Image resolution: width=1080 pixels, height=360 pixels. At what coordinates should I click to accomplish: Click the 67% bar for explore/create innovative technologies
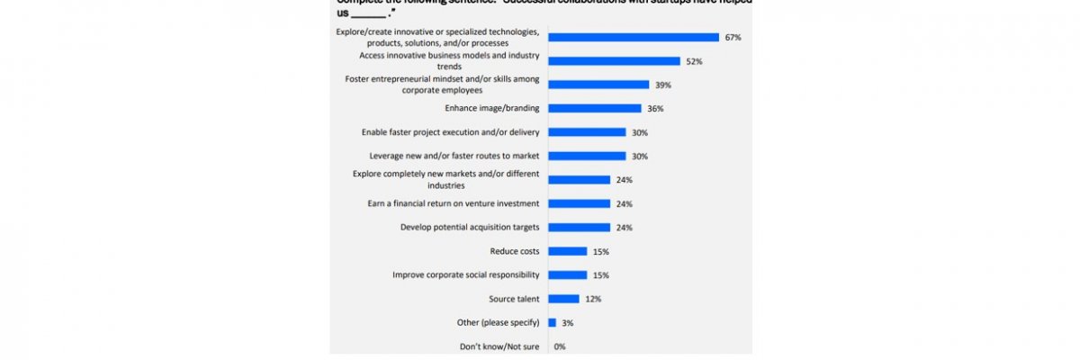[634, 38]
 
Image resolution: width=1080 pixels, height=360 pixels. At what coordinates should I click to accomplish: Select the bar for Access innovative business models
[614, 61]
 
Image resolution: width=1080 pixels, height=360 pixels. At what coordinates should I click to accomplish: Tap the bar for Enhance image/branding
[594, 109]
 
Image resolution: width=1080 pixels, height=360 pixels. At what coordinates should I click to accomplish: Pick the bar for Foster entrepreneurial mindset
[598, 85]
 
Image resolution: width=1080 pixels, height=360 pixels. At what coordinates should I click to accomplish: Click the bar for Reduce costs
[567, 251]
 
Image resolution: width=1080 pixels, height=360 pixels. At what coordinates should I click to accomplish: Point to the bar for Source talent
[563, 299]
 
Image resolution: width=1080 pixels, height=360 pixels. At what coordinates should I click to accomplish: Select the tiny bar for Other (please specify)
[552, 322]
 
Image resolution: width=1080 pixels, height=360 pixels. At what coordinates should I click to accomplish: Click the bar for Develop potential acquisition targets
[579, 228]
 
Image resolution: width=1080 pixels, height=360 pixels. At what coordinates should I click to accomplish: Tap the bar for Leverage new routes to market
[587, 156]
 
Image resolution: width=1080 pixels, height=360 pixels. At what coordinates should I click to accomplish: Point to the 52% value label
[695, 61]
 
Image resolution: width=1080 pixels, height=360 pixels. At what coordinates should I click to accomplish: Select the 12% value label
[593, 299]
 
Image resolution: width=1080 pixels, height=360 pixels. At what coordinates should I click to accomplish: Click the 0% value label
[560, 346]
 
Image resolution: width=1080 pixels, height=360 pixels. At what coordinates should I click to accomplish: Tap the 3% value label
[569, 322]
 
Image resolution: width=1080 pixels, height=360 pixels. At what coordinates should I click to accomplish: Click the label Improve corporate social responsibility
[465, 275]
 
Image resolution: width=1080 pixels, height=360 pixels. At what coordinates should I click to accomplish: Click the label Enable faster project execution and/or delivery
[450, 132]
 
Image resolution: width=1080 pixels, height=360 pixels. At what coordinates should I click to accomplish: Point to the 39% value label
[664, 85]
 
